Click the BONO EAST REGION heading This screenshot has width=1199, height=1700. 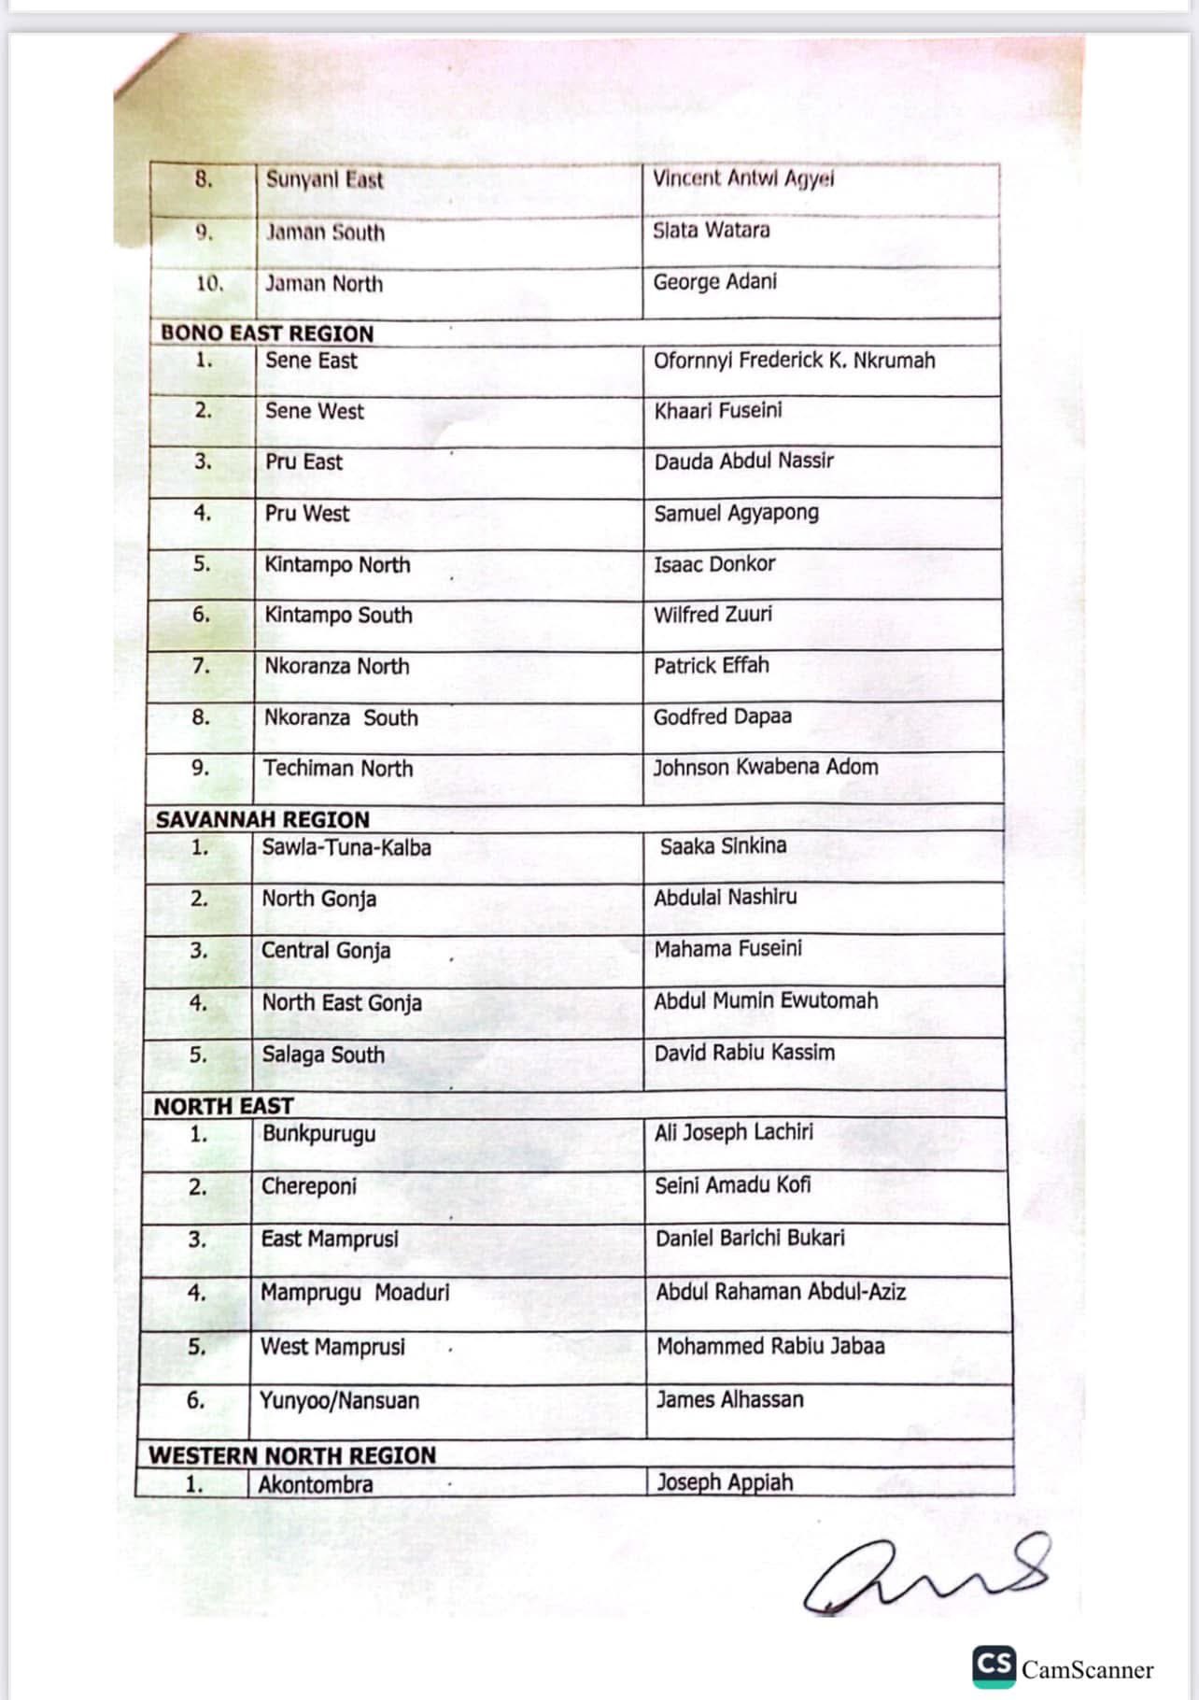tap(267, 333)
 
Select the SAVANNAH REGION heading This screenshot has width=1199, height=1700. tap(262, 819)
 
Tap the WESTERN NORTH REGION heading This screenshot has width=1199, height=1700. tap(291, 1455)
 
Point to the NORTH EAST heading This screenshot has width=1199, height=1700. tap(223, 1106)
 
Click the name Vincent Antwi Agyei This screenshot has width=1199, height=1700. tap(743, 178)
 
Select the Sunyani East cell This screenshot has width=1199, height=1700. tap(324, 179)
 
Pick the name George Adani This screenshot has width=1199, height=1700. tap(714, 281)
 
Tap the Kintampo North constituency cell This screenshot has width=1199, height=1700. tap(337, 564)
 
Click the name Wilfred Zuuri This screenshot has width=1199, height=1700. tap(712, 614)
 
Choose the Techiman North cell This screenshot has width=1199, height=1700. tap(337, 768)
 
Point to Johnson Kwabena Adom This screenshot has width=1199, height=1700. tap(765, 767)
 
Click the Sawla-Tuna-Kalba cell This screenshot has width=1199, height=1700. tap(346, 847)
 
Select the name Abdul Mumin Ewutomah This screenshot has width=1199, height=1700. tap(766, 1000)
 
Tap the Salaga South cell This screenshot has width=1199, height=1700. tap(322, 1055)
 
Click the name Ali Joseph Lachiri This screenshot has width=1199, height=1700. tap(733, 1132)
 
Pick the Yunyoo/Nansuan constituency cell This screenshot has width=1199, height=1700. tap(339, 1400)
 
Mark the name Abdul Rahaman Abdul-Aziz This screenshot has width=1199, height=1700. tap(781, 1292)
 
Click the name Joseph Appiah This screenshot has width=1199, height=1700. tap(724, 1482)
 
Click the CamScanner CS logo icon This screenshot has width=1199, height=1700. tap(993, 1665)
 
